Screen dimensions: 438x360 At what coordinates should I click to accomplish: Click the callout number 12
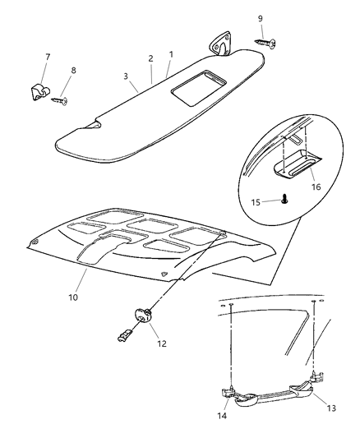pos(162,343)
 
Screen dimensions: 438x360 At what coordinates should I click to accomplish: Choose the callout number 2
pos(150,58)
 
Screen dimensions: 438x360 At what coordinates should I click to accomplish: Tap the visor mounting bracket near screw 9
pos(222,46)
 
